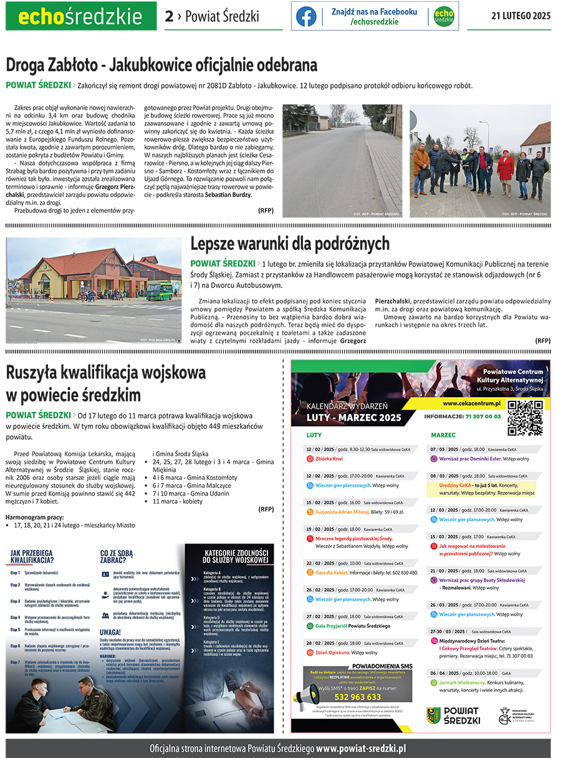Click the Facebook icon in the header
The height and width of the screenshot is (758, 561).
[x=306, y=16]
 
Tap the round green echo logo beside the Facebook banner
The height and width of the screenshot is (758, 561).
[x=444, y=16]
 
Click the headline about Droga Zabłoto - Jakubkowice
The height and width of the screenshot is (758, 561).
[x=161, y=65]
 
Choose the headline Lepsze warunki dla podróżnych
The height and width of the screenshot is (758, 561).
[x=290, y=243]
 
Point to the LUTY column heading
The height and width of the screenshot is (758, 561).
[x=314, y=435]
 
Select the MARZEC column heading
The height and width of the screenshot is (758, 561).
[x=443, y=435]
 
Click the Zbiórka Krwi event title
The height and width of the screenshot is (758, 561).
[x=329, y=459]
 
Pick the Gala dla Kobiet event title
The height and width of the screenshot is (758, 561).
[x=331, y=572]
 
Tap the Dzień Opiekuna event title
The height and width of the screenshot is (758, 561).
[x=332, y=653]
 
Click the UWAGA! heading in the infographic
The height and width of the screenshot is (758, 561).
[x=111, y=631]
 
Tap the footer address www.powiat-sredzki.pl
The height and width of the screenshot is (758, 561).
[x=361, y=748]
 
